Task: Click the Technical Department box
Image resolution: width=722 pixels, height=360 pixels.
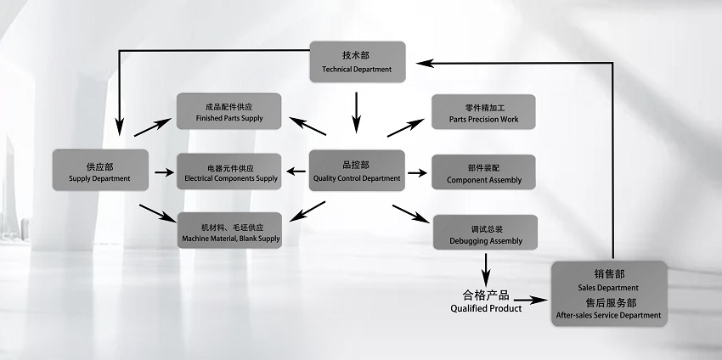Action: (x=357, y=62)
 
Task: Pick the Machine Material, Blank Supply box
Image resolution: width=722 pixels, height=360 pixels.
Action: (x=229, y=231)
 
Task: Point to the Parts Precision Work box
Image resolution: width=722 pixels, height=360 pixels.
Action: (x=483, y=112)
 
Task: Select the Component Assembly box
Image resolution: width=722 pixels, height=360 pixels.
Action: (x=483, y=172)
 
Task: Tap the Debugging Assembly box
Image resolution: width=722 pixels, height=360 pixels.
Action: (x=485, y=233)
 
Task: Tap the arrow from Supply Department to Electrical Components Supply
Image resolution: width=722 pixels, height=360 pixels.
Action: (x=161, y=172)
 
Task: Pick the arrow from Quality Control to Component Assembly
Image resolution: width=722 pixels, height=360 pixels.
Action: (x=416, y=172)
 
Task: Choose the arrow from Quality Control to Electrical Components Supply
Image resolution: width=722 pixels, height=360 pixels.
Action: (x=296, y=172)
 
